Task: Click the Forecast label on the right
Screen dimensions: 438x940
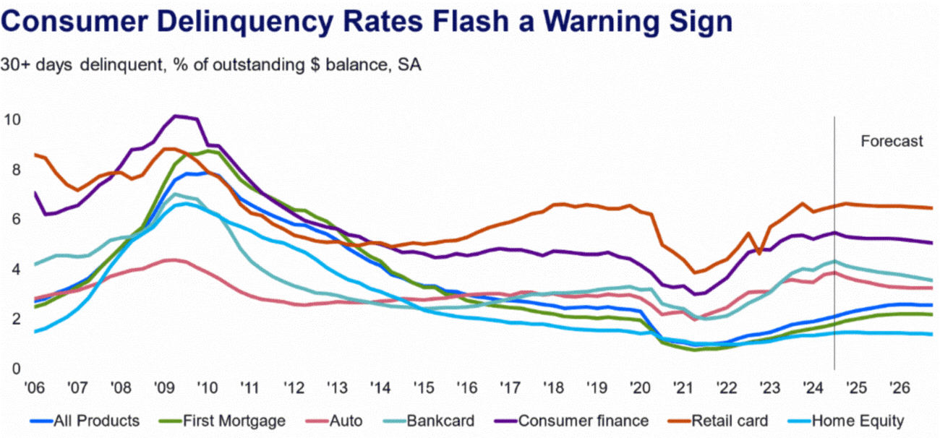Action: (892, 142)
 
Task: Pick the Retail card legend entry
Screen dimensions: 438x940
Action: (723, 420)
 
